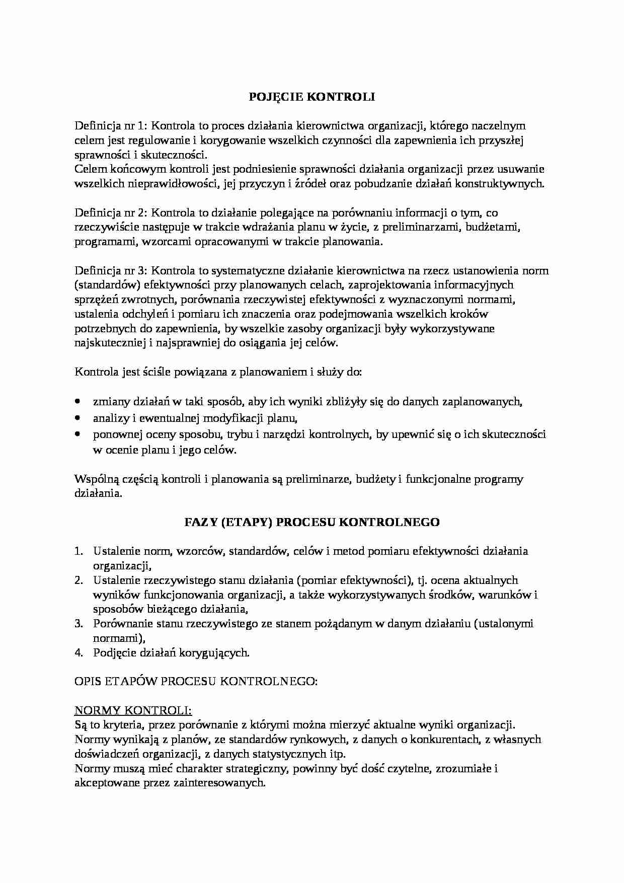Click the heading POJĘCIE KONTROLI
312,97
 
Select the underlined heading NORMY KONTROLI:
133,710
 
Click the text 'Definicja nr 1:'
109,125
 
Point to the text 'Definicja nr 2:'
109,212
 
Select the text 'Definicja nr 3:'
109,271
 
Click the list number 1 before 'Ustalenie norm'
79,551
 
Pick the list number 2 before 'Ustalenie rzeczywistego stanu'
79,580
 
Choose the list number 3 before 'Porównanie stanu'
79,624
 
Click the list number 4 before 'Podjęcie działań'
79,653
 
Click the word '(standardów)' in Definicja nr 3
107,285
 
